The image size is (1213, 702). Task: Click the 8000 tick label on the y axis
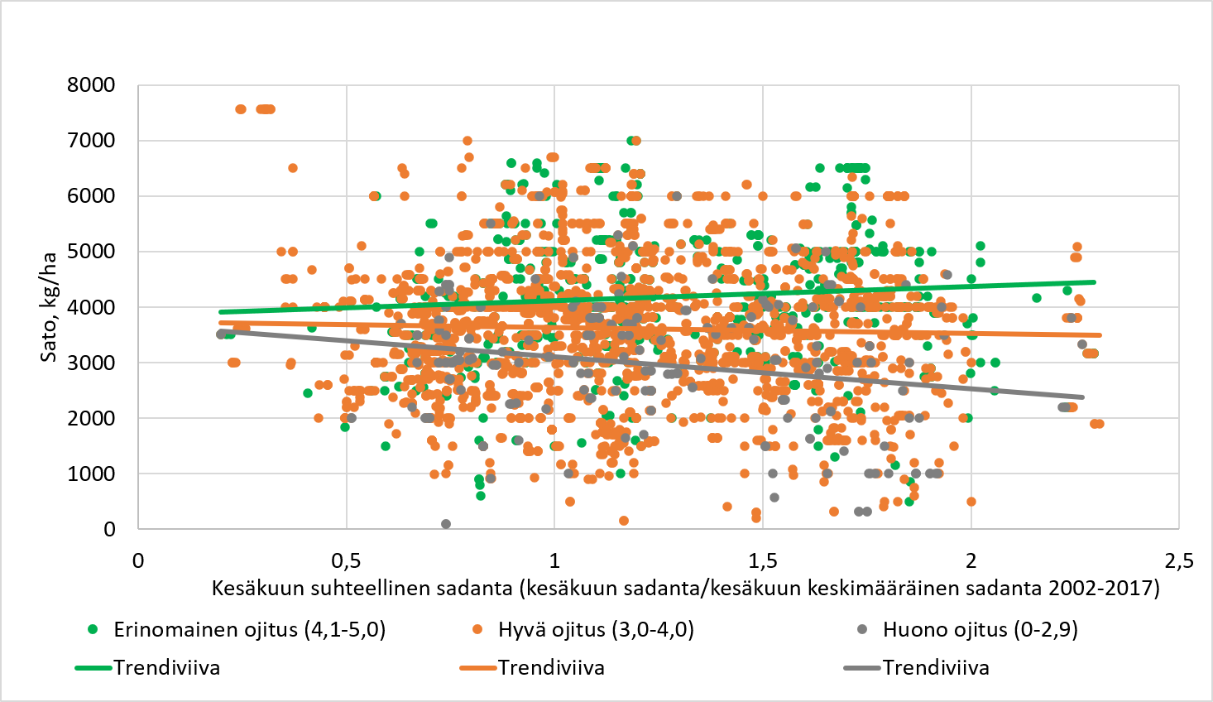point(92,85)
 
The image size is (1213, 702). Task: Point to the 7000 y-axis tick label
point(92,141)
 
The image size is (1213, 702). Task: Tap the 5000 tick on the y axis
point(92,252)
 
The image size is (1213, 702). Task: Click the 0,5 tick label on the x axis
point(346,561)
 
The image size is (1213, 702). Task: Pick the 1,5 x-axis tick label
point(763,561)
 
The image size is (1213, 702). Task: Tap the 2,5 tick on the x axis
point(1178,561)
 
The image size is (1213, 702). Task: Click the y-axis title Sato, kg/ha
point(50,306)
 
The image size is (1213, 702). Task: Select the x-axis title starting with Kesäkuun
point(685,589)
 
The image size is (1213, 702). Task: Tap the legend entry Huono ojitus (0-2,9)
point(980,630)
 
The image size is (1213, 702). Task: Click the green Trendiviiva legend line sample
point(93,668)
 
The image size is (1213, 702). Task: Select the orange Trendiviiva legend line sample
point(477,668)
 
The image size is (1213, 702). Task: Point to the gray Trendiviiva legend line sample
point(862,668)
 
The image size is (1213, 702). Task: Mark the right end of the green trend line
point(1095,282)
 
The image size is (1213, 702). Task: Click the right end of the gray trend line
point(1081,397)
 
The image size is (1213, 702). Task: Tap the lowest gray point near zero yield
point(446,524)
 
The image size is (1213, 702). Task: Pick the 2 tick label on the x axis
point(971,561)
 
